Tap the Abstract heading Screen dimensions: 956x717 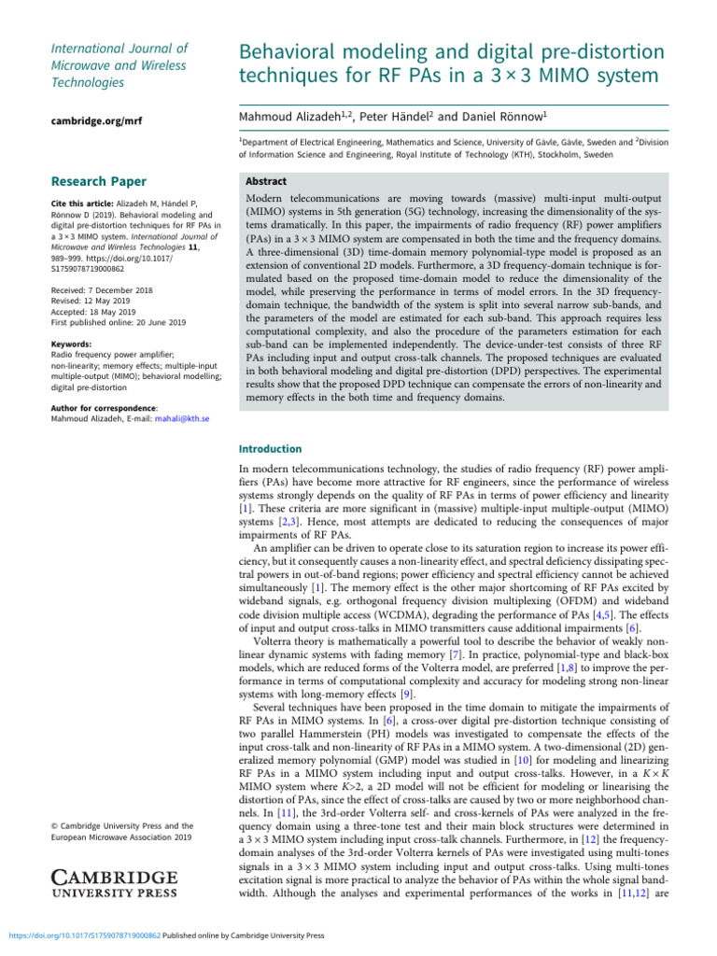click(x=266, y=181)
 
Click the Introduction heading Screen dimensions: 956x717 click(x=271, y=448)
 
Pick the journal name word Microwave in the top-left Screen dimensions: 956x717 click(x=81, y=65)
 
